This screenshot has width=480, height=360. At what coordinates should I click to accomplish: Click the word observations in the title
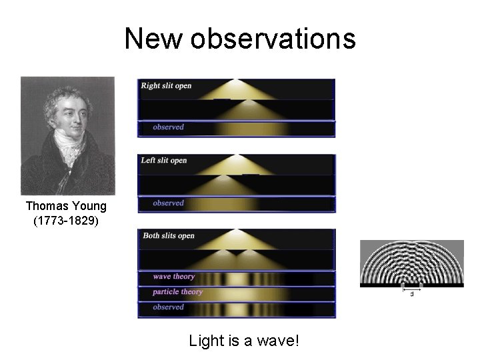coord(273,39)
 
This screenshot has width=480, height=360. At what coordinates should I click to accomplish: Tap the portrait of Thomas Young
coord(67,135)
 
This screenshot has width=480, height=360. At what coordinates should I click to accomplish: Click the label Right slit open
coord(165,86)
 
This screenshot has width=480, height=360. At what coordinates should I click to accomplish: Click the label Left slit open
coord(164,160)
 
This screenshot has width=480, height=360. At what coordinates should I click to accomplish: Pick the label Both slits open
coord(169,235)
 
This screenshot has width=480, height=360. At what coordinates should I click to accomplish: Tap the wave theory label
coord(174,277)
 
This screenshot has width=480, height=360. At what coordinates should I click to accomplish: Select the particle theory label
coord(178,292)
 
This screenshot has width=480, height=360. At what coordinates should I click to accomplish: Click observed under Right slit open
coord(169,127)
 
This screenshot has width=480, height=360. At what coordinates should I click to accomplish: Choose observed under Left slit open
coord(169,203)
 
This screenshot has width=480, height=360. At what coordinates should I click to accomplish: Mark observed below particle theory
coord(169,307)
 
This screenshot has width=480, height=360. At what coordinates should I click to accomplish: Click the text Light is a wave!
coord(244,341)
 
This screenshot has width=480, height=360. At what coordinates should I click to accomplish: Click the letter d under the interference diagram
coord(411,293)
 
